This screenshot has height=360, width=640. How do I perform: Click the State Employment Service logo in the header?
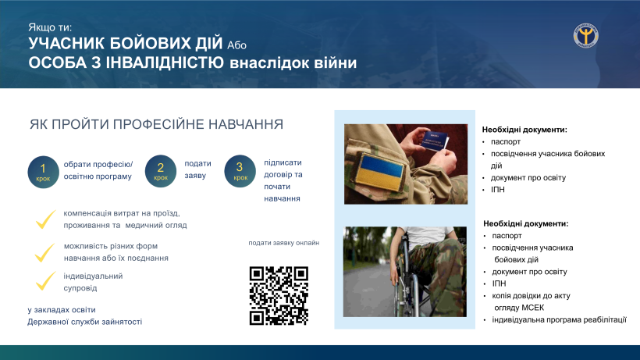click(x=585, y=35)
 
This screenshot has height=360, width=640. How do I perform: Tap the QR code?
click(x=279, y=296)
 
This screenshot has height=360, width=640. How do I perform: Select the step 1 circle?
click(x=43, y=172)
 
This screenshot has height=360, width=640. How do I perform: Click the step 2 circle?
click(x=161, y=171)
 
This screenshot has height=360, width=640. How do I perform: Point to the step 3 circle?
click(x=240, y=171)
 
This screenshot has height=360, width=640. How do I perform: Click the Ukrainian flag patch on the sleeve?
click(x=380, y=172)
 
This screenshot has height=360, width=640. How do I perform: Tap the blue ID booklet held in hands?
click(x=434, y=141)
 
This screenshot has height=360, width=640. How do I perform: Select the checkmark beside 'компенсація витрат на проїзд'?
click(x=45, y=219)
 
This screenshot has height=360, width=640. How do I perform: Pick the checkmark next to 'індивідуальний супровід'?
click(x=45, y=281)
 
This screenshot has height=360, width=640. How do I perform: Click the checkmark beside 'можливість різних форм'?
click(x=44, y=253)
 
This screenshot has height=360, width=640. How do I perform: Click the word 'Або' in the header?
click(x=236, y=45)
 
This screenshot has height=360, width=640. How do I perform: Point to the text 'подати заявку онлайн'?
click(x=283, y=243)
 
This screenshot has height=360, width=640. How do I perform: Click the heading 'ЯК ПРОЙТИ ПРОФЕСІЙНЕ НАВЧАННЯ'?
click(x=156, y=124)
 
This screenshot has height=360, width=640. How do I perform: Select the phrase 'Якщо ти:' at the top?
click(x=50, y=27)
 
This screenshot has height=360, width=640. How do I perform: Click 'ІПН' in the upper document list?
click(x=498, y=190)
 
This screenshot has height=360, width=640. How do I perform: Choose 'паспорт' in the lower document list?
click(x=507, y=236)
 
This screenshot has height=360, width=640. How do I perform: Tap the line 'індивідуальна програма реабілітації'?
click(x=559, y=320)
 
